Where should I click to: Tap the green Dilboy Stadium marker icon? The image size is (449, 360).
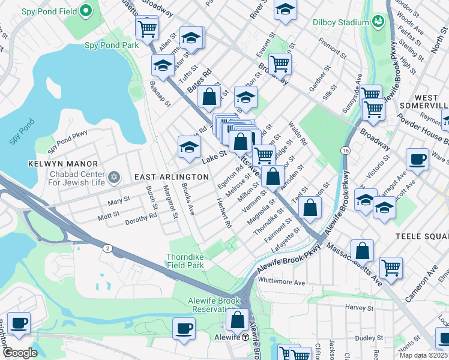pyautogui.click(x=379, y=22)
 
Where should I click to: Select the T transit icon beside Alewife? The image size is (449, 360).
pyautogui.click(x=246, y=337)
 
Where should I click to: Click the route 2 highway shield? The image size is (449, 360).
pyautogui.click(x=106, y=248)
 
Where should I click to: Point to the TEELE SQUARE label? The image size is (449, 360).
pyautogui.click(x=422, y=237)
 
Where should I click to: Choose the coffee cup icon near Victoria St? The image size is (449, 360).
pyautogui.click(x=417, y=160)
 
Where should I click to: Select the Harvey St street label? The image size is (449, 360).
pyautogui.click(x=360, y=307)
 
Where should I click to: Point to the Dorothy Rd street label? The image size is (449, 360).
pyautogui.click(x=141, y=218)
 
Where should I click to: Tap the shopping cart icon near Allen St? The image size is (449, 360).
pyautogui.click(x=147, y=28)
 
